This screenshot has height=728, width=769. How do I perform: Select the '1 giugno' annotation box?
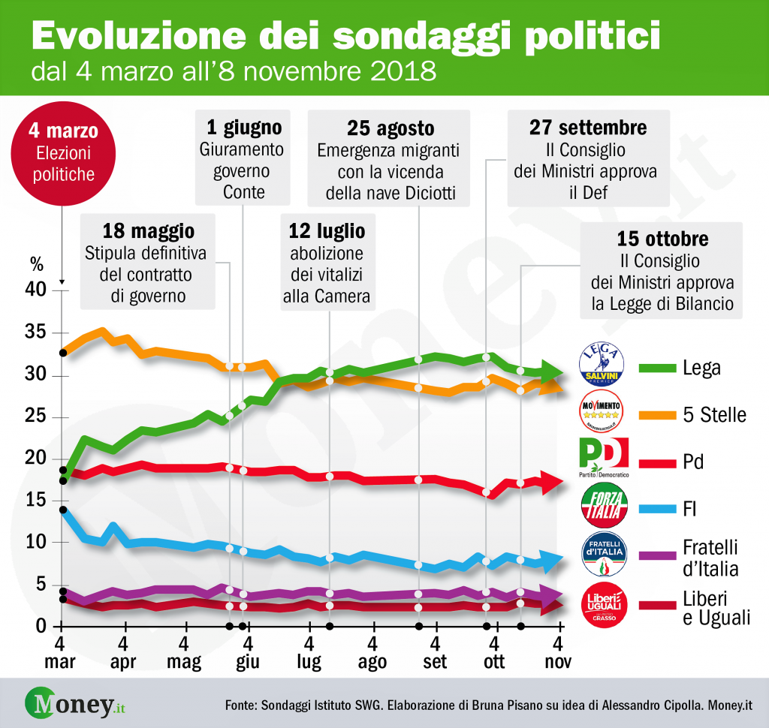(x=242, y=158)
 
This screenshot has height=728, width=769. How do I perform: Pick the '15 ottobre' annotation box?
(x=662, y=272)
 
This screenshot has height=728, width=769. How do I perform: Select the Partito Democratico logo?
(x=604, y=459)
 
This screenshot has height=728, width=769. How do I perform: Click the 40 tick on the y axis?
(x=38, y=290)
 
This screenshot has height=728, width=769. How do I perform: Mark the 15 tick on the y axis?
(x=38, y=501)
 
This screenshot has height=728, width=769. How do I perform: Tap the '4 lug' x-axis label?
(x=309, y=653)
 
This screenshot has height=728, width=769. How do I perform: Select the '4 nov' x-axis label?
(x=557, y=653)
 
